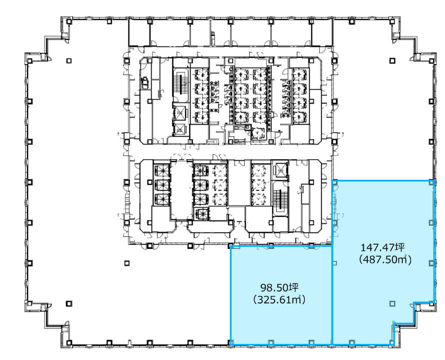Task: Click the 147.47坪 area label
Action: point(382,247)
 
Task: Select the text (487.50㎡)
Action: point(385,259)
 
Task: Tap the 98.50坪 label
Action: point(279,287)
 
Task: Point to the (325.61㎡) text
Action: point(279,299)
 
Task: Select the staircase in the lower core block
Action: point(280,199)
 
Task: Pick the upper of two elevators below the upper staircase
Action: point(180,113)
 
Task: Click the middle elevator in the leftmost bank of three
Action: point(162,185)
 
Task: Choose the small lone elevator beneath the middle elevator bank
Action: point(201,213)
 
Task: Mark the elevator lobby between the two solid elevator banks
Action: point(181,189)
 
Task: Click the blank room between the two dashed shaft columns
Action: point(239,183)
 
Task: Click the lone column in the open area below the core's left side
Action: point(127,263)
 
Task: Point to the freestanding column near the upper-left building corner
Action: point(69,61)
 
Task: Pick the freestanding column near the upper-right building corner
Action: point(392,61)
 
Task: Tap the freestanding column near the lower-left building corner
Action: point(69,303)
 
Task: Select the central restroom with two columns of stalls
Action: point(250,96)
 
